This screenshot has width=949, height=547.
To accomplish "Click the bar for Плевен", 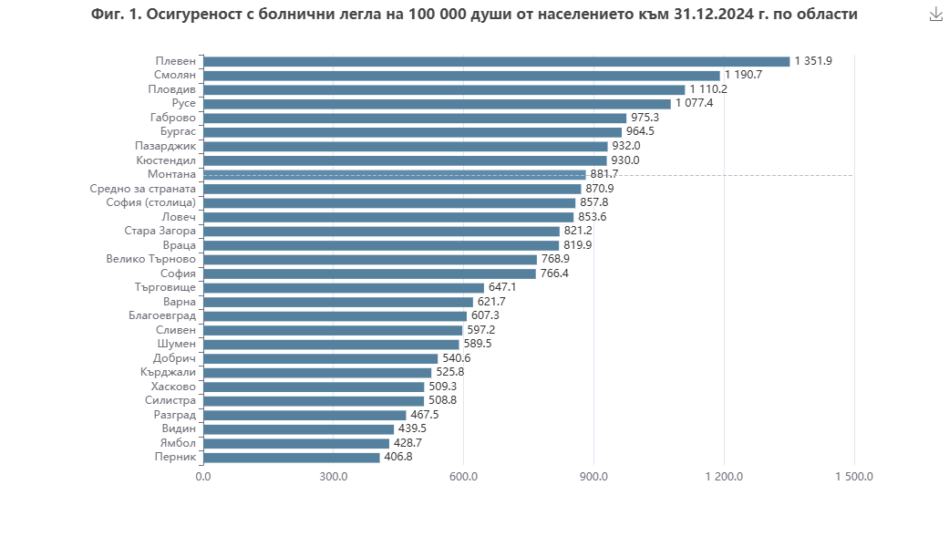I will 496,61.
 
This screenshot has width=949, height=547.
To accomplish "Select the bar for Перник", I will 291,457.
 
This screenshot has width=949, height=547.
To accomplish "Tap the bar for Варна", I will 337,302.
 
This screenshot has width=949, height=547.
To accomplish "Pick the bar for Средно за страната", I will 391,189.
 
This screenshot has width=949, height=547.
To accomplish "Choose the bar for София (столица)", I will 388,202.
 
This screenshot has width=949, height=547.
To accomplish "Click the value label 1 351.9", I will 813,61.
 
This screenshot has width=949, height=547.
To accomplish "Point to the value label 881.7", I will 603,174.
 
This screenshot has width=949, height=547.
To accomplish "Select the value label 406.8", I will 397,457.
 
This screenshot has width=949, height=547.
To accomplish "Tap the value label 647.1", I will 502,287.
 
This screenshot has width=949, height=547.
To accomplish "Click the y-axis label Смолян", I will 173,76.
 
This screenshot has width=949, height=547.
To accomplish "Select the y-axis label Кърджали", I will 169,372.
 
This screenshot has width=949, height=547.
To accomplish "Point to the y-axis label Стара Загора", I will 160,231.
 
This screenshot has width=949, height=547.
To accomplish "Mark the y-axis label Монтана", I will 171,174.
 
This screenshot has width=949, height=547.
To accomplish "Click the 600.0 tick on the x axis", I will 463,477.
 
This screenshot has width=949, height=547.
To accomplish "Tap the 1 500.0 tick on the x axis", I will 854,477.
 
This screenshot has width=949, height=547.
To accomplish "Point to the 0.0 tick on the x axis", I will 202,477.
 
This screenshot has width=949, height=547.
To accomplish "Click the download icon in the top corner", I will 935,15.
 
